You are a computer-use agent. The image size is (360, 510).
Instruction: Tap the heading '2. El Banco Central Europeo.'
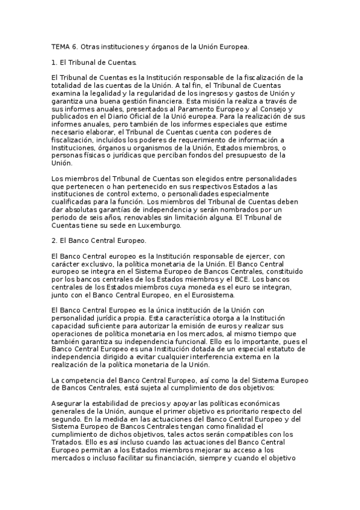[x=95, y=241]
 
